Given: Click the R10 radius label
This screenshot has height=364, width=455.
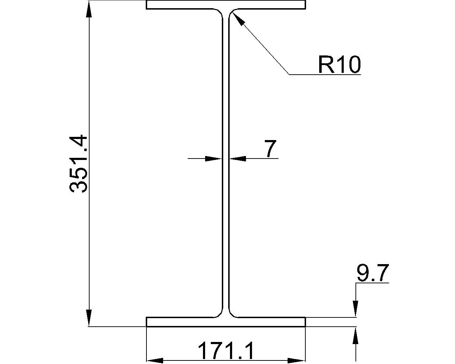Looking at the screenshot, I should (x=339, y=65).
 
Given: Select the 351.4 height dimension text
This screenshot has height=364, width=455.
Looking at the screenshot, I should (x=79, y=164).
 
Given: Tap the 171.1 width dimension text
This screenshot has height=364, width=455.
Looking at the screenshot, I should (x=226, y=351).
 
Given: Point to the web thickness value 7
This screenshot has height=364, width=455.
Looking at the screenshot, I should (x=271, y=149).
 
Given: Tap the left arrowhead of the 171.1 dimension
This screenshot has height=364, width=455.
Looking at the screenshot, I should (x=155, y=360).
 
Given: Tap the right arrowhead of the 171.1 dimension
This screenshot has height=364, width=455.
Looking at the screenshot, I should (x=297, y=360).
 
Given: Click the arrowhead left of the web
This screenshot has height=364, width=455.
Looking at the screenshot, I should (x=214, y=159).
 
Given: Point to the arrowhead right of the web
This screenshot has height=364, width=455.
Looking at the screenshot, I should (x=237, y=159).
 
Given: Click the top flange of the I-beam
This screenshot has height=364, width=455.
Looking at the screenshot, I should (x=226, y=5).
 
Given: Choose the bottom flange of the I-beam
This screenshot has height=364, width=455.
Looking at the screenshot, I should (x=226, y=322).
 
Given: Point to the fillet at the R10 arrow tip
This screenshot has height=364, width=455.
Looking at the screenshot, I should (x=231, y=12).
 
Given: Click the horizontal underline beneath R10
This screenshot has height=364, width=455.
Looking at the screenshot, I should (x=325, y=75).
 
